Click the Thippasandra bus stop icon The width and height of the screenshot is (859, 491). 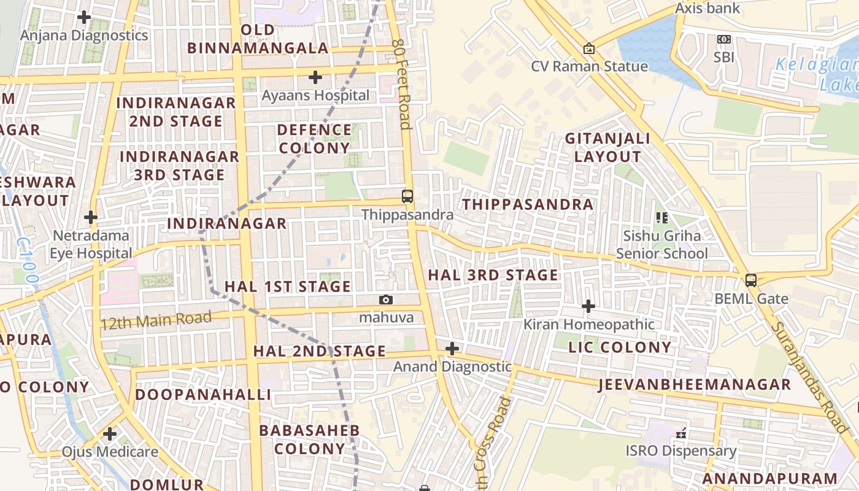pos(407,196)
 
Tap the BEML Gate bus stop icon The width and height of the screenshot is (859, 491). pos(750,280)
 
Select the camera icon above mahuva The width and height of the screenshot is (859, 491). pos(385,300)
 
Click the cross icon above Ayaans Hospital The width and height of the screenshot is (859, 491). pos(315,77)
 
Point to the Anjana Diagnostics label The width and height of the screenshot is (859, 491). pos(84,35)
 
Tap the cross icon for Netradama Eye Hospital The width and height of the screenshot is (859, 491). pos(91,217)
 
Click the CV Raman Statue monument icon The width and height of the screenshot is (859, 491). pos(588,48)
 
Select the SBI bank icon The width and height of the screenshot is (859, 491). pos(724,39)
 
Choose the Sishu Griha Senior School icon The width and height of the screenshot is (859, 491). pos(661,217)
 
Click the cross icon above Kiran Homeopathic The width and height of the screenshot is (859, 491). pos(588,306)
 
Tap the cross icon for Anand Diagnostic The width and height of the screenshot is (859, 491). pos(452,349)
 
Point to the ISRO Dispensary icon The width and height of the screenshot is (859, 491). pos(680,433)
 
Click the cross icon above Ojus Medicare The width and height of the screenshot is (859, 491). pos(110,434)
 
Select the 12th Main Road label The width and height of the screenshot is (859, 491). pos(156,320)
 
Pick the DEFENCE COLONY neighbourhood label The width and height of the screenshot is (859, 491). pos(314,139)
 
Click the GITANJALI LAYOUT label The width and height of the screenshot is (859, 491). pos(607,147)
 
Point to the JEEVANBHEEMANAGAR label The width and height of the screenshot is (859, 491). pos(694,385)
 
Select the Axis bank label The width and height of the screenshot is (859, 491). pos(707,9)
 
